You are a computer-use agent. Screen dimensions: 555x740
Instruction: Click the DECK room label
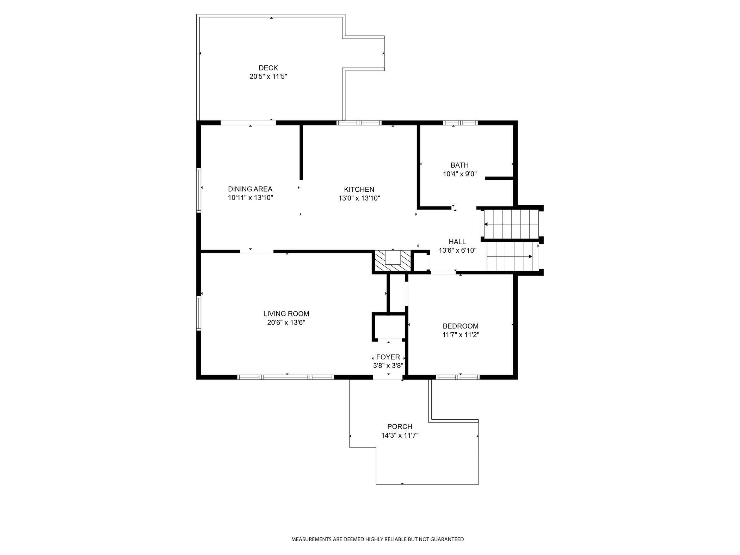tap(268, 68)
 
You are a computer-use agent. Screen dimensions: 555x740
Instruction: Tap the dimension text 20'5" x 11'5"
tap(268, 76)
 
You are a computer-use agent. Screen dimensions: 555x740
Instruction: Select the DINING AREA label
tap(250, 189)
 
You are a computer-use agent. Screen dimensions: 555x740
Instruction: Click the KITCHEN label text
tap(359, 189)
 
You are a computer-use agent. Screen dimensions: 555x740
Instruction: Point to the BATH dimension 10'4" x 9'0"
tap(460, 174)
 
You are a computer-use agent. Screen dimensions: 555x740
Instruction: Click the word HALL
tap(457, 242)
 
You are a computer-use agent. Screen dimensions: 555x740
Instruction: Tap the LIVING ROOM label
tap(286, 314)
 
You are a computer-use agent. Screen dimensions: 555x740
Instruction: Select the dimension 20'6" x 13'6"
tap(286, 322)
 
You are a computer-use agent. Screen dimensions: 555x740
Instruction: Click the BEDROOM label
tap(460, 326)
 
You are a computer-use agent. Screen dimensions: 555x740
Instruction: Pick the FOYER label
tap(388, 357)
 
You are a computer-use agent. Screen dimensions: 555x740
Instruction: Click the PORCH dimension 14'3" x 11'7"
tap(400, 435)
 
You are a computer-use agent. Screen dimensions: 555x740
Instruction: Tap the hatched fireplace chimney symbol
tap(393, 261)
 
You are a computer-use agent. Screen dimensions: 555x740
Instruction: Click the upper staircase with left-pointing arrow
tap(511, 224)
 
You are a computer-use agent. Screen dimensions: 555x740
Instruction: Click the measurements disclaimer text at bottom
tap(377, 539)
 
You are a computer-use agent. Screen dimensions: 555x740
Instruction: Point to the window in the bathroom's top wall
tap(460, 123)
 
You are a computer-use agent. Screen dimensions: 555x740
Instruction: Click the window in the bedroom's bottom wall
tap(458, 377)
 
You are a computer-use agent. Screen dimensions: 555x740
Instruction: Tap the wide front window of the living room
tap(285, 377)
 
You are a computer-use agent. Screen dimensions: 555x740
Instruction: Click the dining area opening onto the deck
tap(248, 123)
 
